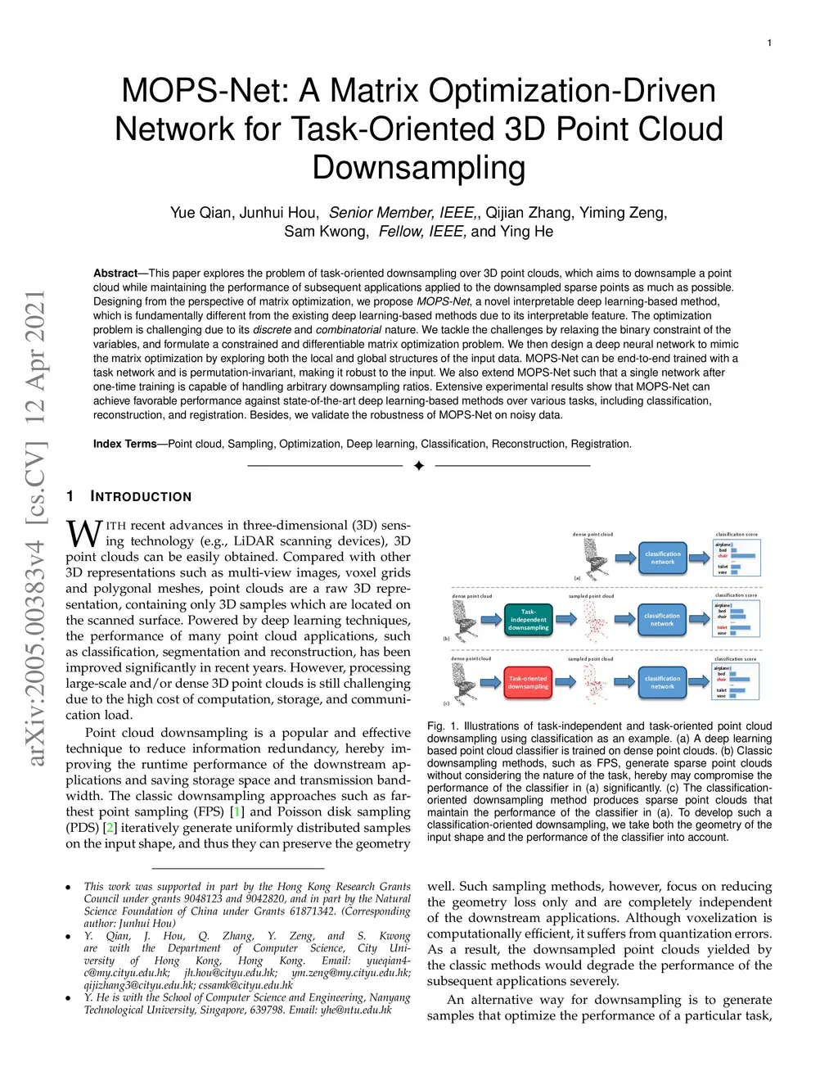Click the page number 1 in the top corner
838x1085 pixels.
[x=769, y=43]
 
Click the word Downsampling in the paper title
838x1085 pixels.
[x=418, y=168]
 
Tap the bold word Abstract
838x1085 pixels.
[x=115, y=274]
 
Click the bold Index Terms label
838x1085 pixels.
[x=124, y=444]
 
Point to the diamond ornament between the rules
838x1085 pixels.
[x=419, y=466]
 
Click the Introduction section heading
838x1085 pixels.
[x=141, y=496]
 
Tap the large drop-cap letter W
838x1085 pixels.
[x=83, y=534]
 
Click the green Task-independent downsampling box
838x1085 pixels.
[x=529, y=620]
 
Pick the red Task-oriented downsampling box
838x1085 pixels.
[x=528, y=682]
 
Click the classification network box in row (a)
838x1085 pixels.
[x=663, y=558]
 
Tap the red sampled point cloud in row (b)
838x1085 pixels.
[x=595, y=622]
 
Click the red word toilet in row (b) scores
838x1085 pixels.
[x=722, y=627]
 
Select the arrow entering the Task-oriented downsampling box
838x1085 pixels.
[x=490, y=682]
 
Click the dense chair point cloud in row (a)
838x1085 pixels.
[x=593, y=557]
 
